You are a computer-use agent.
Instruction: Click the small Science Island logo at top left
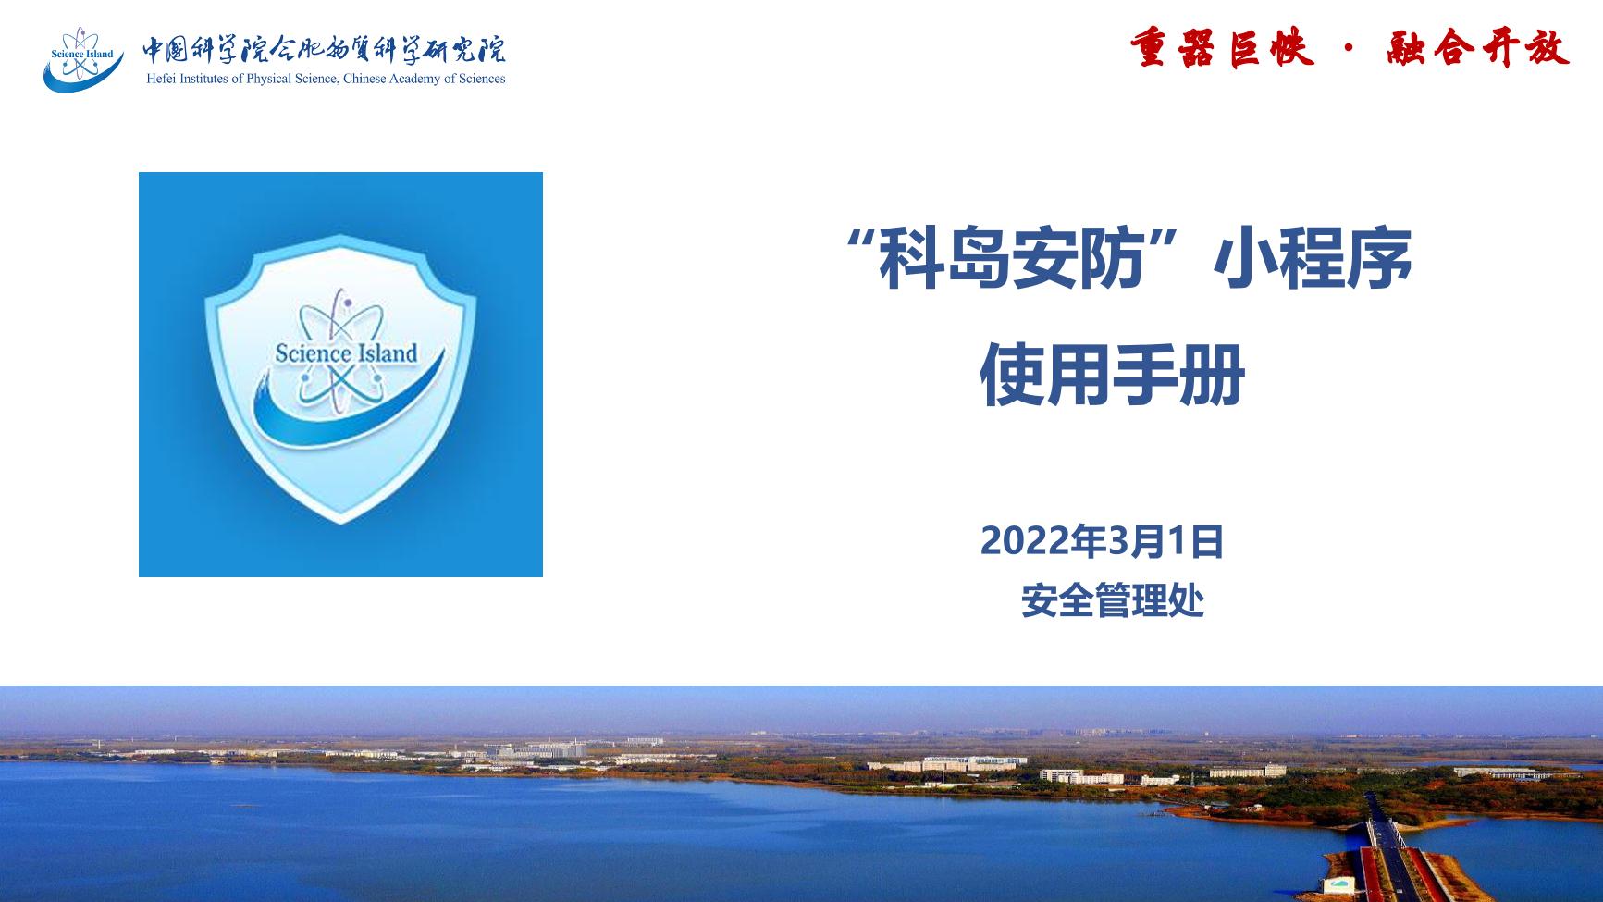83,59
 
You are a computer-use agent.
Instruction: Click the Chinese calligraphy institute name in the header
324,49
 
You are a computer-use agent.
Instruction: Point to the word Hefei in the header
161,79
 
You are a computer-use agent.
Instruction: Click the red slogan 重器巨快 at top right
1222,48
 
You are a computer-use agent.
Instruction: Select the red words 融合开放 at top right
1478,48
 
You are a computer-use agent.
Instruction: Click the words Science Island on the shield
346,352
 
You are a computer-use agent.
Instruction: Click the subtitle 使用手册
1112,375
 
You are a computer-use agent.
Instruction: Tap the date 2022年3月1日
1102,541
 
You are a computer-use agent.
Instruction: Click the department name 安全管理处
1113,601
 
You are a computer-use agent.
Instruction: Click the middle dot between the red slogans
1350,49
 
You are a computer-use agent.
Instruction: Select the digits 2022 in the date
1024,541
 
